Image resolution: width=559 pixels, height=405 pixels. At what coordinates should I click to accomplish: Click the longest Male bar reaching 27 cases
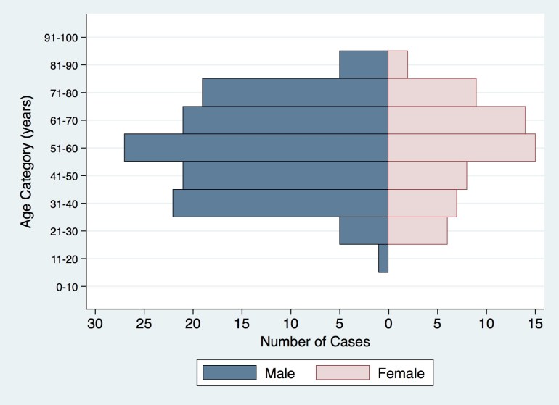pyautogui.click(x=256, y=148)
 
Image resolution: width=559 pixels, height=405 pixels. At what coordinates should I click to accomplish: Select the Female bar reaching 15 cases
pyautogui.click(x=462, y=148)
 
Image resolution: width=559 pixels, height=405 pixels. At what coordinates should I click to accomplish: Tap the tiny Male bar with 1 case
pyautogui.click(x=383, y=259)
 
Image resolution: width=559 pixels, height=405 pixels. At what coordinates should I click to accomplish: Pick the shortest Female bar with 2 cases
pyautogui.click(x=398, y=64)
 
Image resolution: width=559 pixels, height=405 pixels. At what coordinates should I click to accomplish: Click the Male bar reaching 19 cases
pyautogui.click(x=295, y=92)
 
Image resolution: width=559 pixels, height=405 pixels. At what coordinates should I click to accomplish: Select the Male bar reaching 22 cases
pyautogui.click(x=280, y=203)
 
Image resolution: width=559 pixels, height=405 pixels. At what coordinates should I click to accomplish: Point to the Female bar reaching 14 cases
pyautogui.click(x=457, y=120)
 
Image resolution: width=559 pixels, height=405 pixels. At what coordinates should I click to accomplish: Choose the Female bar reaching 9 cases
pyautogui.click(x=432, y=92)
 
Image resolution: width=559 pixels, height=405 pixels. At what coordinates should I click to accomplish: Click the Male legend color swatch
pyautogui.click(x=229, y=373)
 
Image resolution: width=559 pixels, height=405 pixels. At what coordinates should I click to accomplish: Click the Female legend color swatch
pyautogui.click(x=343, y=373)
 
